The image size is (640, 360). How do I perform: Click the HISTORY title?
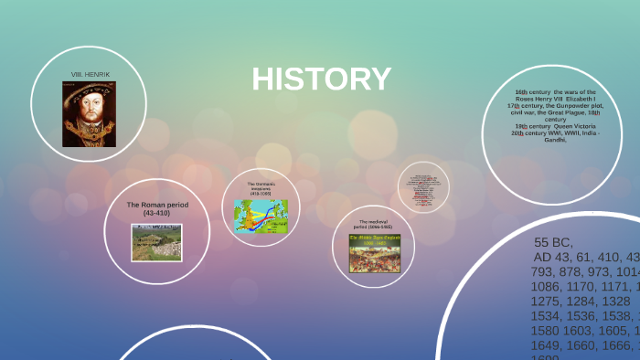coord(322,79)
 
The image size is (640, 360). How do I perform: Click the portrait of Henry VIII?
coord(89,114)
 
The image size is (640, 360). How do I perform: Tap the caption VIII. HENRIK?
coord(90,73)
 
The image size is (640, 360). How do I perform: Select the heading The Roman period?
coord(157,205)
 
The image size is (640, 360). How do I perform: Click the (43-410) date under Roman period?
coord(157,213)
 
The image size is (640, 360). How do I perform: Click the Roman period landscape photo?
coord(156,242)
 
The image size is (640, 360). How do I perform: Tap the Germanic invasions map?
coord(261,218)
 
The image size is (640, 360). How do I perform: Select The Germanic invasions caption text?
coord(261,188)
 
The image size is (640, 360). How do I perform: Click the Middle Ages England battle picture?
coord(372,253)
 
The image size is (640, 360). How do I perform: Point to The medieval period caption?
coord(373,225)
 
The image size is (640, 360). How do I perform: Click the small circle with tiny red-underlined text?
coord(423,187)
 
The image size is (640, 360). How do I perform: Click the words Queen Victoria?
coord(574,126)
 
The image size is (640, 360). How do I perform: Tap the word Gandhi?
coord(553,141)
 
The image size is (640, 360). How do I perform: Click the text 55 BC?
coord(553,242)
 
